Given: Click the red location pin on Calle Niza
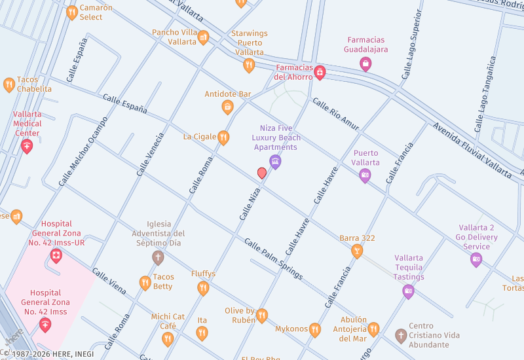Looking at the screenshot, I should (x=262, y=173).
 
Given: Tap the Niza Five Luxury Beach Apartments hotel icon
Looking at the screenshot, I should (x=276, y=161).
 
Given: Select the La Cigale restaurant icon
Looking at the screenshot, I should (x=223, y=137).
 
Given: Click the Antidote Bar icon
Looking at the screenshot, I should (x=228, y=107).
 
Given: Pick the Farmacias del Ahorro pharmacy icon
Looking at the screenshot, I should (x=320, y=71).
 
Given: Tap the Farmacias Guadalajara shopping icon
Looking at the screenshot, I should (x=365, y=63).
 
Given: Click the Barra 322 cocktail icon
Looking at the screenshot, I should (x=357, y=251).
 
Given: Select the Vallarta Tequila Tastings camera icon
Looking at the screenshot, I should (x=409, y=291).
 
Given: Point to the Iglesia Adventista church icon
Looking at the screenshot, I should (x=157, y=257).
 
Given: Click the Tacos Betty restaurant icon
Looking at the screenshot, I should (x=145, y=283).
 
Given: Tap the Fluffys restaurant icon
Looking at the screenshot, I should (x=203, y=288).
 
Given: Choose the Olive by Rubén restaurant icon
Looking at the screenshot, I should (x=262, y=315).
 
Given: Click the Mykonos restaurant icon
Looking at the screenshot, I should (x=315, y=329).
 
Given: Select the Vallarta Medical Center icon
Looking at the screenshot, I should (x=27, y=146).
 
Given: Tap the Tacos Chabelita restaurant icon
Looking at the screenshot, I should (x=9, y=84).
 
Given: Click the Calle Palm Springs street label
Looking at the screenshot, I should (x=274, y=259).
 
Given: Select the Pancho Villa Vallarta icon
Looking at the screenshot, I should (x=203, y=37).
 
